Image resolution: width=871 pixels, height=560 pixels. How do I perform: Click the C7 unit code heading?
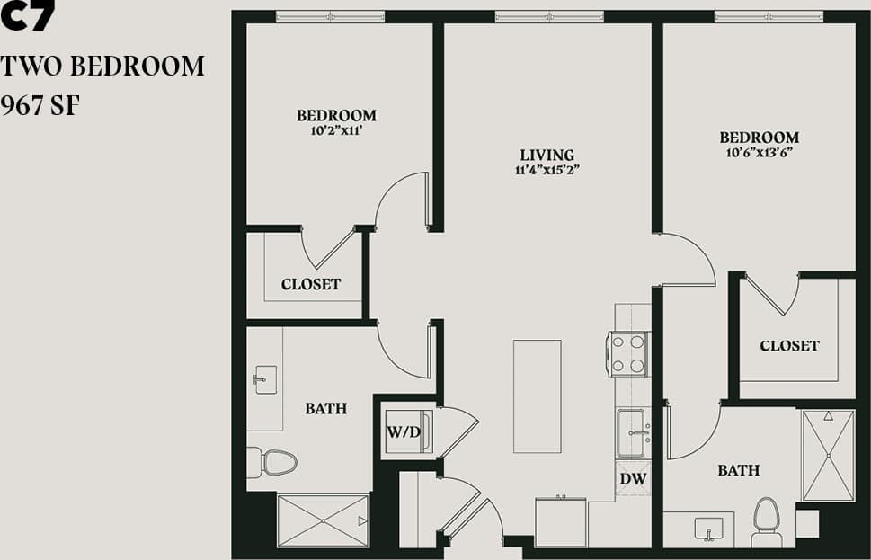point(29,16)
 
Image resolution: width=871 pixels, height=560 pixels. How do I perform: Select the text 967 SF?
point(42,106)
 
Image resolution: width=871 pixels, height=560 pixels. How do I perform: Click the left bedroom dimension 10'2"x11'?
point(336,129)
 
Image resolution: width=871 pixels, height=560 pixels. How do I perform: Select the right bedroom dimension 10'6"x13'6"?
point(759,152)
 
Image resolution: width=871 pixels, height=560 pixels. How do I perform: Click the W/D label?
point(404,432)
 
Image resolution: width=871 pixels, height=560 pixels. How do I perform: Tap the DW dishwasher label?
point(633,478)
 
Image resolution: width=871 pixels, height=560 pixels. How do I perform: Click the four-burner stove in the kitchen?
point(628,353)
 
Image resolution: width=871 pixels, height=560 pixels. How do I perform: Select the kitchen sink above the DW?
point(633,432)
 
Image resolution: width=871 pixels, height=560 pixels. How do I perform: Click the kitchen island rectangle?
point(538,396)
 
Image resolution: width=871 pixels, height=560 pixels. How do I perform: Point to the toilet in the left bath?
point(273,462)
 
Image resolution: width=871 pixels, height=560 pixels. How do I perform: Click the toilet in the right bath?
point(768,520)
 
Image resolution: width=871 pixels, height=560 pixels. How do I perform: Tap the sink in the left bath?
point(264,378)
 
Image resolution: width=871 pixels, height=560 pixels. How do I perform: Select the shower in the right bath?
point(827,455)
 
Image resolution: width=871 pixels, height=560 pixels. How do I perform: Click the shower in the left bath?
point(323,520)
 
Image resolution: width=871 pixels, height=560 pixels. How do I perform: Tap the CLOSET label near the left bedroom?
point(311,284)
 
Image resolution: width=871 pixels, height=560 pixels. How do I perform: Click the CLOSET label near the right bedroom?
point(789,345)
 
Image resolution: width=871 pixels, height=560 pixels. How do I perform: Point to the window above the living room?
point(548,16)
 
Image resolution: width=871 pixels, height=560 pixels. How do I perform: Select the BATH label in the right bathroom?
point(738,470)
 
